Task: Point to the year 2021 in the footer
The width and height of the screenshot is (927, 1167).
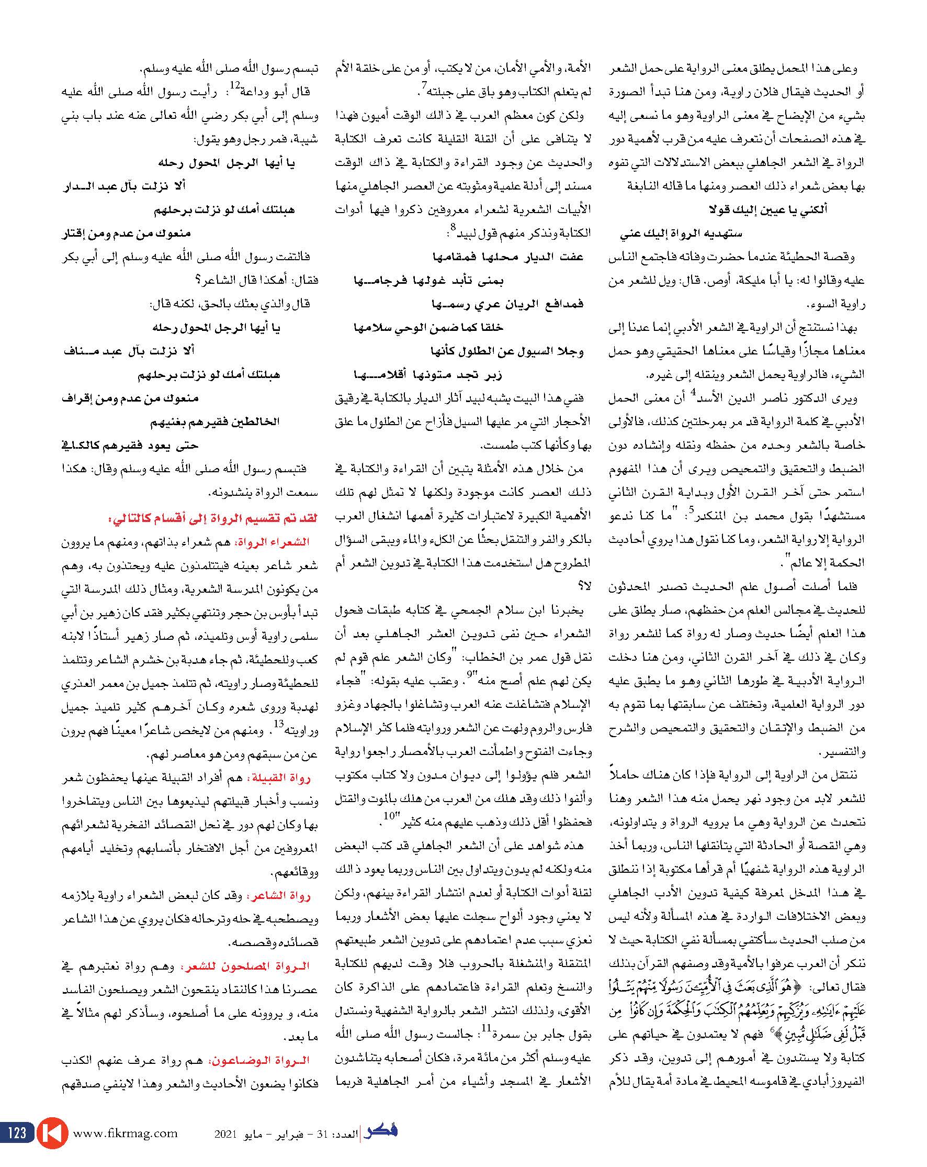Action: click(x=225, y=1134)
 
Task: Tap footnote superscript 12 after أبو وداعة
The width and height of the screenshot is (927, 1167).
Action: click(x=235, y=85)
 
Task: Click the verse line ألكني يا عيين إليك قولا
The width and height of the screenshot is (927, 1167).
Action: click(x=767, y=209)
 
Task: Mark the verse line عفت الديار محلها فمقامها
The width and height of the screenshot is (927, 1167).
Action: click(x=508, y=257)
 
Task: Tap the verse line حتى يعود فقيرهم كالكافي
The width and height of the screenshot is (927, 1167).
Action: click(x=128, y=446)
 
